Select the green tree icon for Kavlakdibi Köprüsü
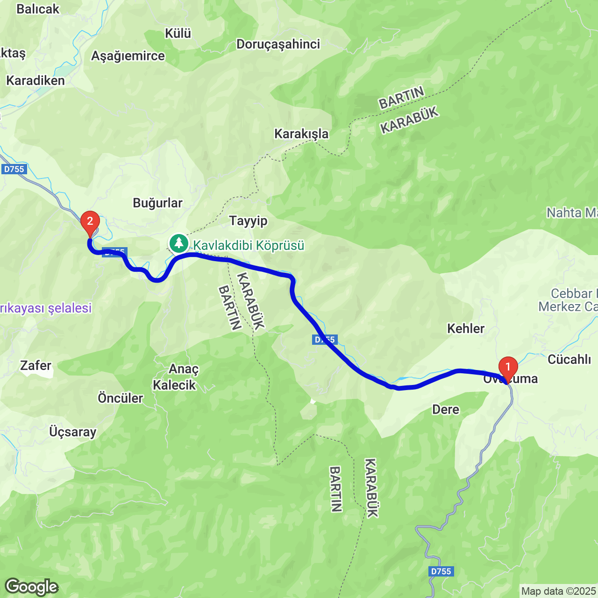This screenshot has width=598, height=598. point(178,243)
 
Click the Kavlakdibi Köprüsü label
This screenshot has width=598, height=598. point(249,245)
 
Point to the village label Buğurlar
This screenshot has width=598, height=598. point(157,203)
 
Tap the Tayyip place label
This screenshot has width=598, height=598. point(248,221)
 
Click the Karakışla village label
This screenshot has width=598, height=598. point(301,134)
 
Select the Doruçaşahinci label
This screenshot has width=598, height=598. point(278,44)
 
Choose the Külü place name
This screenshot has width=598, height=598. point(178,33)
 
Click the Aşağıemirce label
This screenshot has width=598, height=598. point(128,56)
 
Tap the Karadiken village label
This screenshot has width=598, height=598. point(36,80)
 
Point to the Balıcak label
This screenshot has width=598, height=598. point(38,9)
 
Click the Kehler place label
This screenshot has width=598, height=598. point(466,328)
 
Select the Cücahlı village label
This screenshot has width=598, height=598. point(569,359)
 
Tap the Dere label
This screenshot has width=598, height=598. point(446,409)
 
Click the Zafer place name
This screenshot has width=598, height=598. point(36,365)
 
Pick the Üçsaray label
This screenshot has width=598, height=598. point(73,432)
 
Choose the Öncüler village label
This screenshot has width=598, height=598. point(120,398)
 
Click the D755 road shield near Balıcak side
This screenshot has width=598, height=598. point(14,169)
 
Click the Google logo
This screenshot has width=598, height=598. point(31,587)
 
